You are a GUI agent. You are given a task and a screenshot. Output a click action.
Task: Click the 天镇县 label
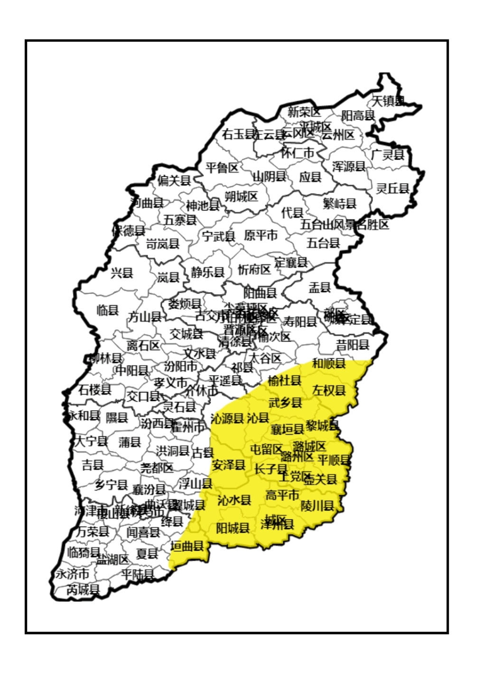388,101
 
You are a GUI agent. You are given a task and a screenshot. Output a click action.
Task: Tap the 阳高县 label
358,115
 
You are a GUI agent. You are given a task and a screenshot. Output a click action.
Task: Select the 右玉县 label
238,134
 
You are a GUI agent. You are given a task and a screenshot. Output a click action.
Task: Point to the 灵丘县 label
392,189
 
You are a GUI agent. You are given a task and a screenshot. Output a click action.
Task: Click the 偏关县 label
174,181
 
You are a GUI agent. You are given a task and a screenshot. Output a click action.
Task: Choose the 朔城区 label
241,196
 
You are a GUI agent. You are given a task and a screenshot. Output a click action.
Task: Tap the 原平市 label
261,235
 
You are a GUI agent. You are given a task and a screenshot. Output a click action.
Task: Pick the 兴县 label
122,273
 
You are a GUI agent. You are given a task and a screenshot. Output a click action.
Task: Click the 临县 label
108,310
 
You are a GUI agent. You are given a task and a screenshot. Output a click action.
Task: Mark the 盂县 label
320,287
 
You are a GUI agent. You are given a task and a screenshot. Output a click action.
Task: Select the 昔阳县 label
353,345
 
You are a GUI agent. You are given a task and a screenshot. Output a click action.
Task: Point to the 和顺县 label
329,364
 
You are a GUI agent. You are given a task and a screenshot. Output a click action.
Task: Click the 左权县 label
329,391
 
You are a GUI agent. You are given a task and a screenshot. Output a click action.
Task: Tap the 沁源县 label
227,418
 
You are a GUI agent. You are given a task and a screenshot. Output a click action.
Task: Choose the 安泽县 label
229,465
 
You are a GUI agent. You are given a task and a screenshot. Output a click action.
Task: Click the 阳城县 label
232,528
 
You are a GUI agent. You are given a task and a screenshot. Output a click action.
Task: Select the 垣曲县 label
187,546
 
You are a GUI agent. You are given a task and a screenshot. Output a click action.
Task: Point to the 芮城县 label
83,590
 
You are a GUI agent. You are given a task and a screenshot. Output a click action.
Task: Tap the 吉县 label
93,465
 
